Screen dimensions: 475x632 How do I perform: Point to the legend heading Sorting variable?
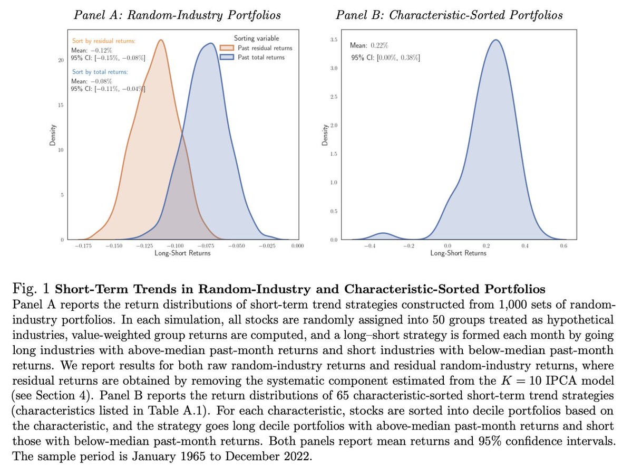257,39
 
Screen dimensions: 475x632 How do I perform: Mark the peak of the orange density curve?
160,40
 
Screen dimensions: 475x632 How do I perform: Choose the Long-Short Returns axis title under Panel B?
458,253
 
